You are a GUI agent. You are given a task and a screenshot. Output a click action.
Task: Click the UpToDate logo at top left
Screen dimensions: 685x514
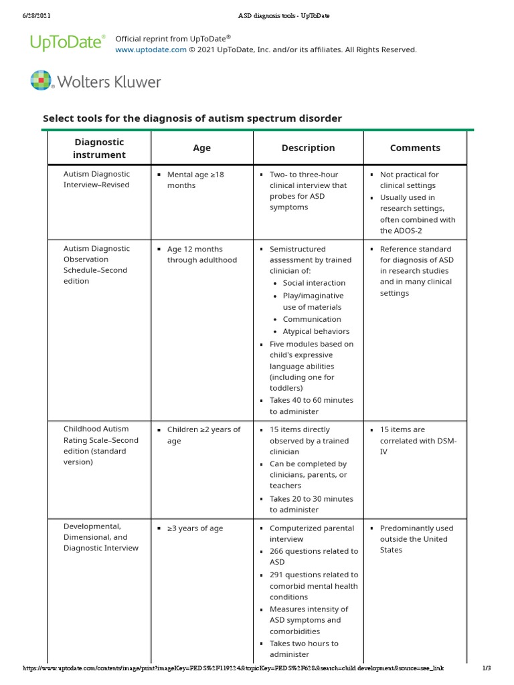pos(67,43)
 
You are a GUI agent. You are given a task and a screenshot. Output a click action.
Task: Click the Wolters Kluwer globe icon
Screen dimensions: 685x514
pos(41,81)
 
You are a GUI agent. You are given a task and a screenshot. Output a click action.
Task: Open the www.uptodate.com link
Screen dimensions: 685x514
pos(151,50)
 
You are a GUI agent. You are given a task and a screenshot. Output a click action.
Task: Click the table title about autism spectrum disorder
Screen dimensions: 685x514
pos(192,118)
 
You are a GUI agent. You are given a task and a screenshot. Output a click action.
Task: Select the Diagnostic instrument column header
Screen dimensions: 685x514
pos(99,148)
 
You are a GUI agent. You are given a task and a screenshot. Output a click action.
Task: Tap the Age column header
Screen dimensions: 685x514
pos(201,148)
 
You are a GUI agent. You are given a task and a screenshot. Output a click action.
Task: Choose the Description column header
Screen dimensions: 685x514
pos(308,148)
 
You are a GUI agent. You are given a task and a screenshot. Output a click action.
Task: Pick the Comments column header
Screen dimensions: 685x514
pos(415,148)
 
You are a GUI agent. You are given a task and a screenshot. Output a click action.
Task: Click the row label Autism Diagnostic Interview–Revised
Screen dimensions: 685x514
pos(96,179)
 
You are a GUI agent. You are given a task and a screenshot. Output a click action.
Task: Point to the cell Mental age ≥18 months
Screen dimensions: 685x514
pos(195,179)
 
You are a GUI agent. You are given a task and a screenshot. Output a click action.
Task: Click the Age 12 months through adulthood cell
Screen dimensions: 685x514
pos(201,254)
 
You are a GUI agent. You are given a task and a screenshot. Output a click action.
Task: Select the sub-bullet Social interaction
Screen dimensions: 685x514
pos(314,283)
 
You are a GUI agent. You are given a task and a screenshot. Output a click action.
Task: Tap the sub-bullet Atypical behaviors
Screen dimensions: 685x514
pos(316,331)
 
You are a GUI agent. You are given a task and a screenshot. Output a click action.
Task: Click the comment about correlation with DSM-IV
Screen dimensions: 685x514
pos(418,440)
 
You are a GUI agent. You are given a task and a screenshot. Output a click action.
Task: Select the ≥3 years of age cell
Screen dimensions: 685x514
pos(195,528)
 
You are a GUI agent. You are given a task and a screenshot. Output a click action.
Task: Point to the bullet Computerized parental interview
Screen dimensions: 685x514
pos(312,533)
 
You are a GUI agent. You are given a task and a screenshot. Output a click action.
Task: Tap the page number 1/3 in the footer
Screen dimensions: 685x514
pos(487,668)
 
